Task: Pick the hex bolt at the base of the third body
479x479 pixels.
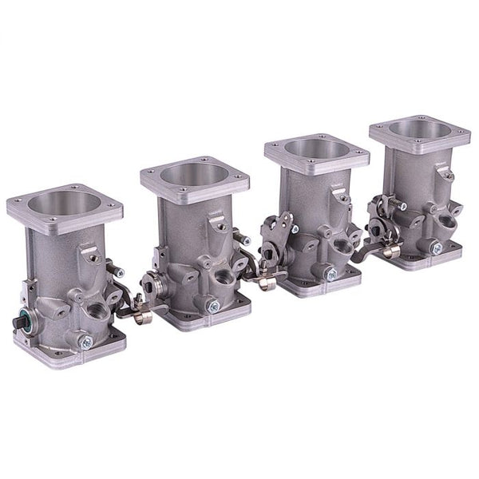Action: click(x=327, y=271)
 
